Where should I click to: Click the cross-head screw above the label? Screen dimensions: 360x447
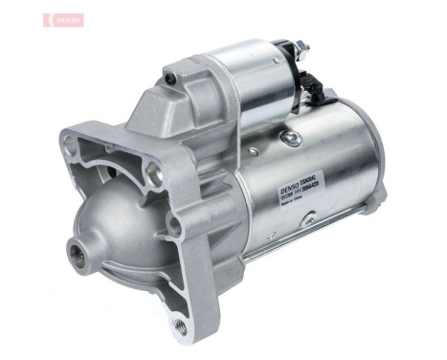pos(292,141)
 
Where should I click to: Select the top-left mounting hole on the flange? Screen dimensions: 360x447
pos(69,147)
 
